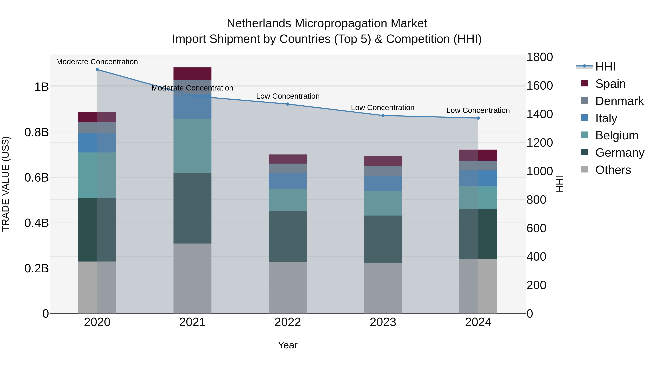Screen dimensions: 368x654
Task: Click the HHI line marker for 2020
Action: click(97, 70)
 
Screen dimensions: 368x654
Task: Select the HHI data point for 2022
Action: click(288, 104)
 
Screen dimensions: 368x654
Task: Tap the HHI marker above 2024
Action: click(478, 118)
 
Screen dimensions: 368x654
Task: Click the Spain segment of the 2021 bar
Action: click(192, 74)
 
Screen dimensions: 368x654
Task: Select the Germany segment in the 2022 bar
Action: click(288, 236)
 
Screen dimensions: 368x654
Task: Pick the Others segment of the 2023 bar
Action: click(383, 288)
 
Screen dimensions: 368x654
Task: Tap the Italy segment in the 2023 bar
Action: click(383, 183)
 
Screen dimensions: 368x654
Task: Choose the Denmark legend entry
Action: click(619, 101)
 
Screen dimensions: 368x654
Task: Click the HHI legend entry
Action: click(605, 67)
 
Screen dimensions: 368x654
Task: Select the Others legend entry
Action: click(613, 170)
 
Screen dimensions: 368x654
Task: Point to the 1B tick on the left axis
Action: click(42, 87)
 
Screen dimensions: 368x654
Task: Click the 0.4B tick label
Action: click(37, 223)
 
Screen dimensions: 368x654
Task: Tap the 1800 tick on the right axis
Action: click(540, 57)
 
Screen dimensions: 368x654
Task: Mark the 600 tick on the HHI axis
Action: click(536, 228)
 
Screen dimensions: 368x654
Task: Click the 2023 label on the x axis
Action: click(383, 322)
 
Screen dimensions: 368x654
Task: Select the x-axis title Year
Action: click(288, 345)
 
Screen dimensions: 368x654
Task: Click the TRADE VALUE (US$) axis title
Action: click(6, 184)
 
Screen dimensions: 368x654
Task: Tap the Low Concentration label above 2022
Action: click(288, 96)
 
